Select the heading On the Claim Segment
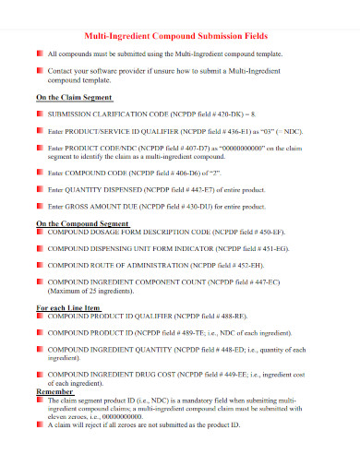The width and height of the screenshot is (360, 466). (x=74, y=96)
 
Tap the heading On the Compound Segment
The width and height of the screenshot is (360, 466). (x=81, y=223)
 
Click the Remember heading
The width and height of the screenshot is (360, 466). (x=54, y=391)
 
